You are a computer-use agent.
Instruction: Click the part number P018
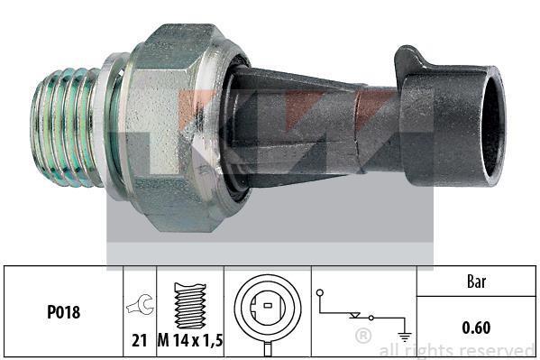coord(64,312)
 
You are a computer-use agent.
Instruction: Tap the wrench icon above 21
coord(140,304)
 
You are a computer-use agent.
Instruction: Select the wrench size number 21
coord(140,341)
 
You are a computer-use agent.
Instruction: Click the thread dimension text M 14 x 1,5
coord(190,341)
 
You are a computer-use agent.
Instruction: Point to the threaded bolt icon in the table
coord(190,306)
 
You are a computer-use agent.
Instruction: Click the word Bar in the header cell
coord(477,282)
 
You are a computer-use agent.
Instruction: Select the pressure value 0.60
coord(476,328)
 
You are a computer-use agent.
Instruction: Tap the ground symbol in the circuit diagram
coord(404,337)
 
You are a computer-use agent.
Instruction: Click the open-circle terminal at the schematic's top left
coord(320,292)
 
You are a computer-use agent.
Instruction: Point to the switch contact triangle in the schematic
coord(354,315)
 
